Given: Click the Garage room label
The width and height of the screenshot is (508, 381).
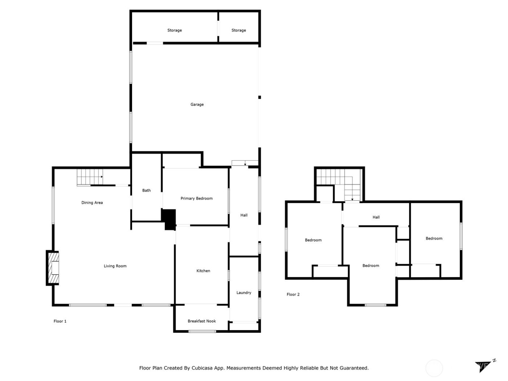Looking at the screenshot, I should point(197,105).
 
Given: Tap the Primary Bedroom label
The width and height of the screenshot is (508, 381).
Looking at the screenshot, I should point(196,198).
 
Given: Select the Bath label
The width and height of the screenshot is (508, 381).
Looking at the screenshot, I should point(146,190).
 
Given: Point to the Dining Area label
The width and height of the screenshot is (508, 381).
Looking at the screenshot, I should point(92,203).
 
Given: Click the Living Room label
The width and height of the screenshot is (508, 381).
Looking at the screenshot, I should point(115,266).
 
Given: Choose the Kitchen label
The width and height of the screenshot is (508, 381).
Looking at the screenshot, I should point(203,271).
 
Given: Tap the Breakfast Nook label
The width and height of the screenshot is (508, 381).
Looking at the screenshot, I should point(202,321).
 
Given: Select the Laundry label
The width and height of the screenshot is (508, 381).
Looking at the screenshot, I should point(243,292).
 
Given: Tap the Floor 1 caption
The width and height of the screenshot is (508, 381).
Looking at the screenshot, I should point(60,321).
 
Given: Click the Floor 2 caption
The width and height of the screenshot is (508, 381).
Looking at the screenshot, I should point(293,294).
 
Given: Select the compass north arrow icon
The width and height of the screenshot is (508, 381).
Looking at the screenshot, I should point(484,366).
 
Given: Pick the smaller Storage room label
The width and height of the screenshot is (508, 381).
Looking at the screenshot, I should point(238,30).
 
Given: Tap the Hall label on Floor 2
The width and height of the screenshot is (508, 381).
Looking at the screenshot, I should point(376,217).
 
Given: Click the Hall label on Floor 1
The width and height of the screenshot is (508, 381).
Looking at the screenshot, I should point(244,215).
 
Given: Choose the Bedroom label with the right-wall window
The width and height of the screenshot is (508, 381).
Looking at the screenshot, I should point(434,238).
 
